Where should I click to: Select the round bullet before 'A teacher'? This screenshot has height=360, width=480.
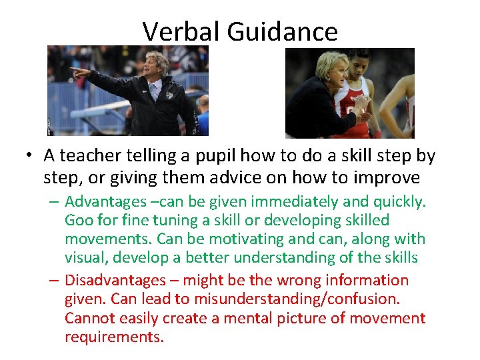pos(30,157)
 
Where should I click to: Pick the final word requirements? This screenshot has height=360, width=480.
pos(113,337)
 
